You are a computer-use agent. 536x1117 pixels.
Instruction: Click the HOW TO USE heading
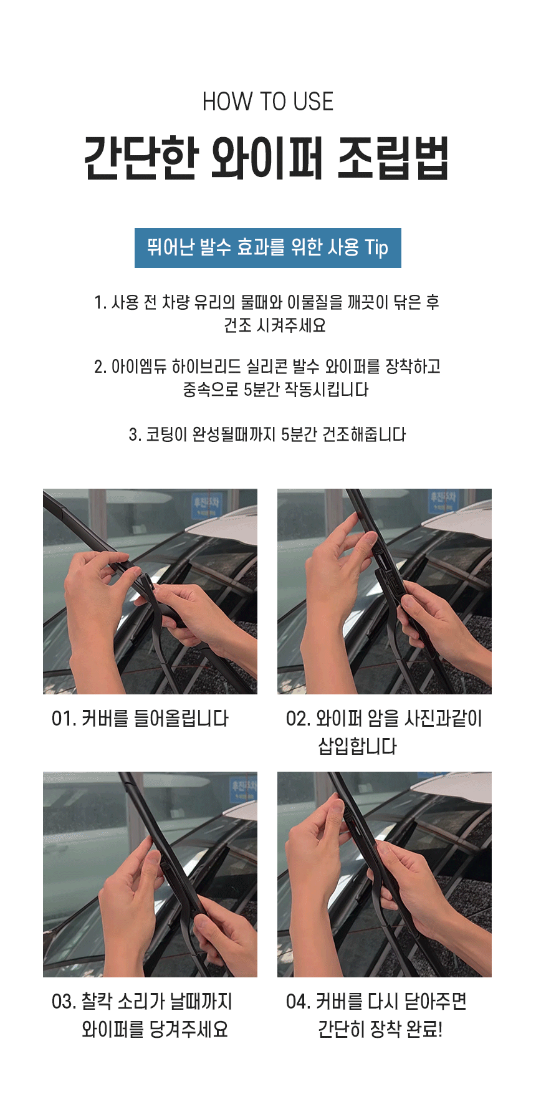pos(268,102)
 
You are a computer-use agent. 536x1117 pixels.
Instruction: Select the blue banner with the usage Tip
pos(268,248)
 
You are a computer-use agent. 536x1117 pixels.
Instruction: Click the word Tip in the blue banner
pos(376,248)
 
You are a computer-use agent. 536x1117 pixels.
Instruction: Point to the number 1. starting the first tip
pos(100,303)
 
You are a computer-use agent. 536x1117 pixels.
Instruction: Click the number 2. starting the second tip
pos(100,367)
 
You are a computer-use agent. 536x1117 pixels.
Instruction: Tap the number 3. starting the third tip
pos(135,434)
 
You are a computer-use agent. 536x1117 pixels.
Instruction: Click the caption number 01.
pos(64,719)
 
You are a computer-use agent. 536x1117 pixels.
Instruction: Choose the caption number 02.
pos(298,719)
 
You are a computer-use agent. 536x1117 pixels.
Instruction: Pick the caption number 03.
pos(64,1002)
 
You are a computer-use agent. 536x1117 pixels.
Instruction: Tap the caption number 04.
pos(298,1002)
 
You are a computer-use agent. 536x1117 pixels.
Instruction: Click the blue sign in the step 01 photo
pos(206,506)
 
